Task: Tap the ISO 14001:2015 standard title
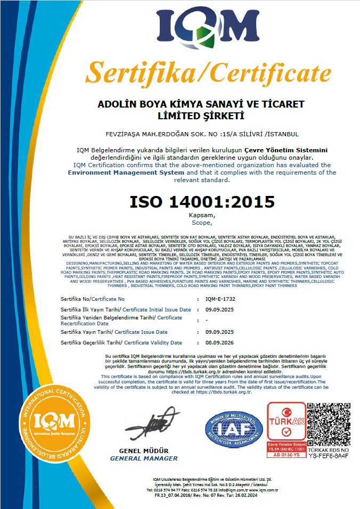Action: [202, 202]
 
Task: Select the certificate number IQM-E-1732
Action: [220, 299]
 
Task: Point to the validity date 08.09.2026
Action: [219, 342]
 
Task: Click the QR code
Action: [329, 424]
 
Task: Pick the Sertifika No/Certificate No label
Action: [93, 299]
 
